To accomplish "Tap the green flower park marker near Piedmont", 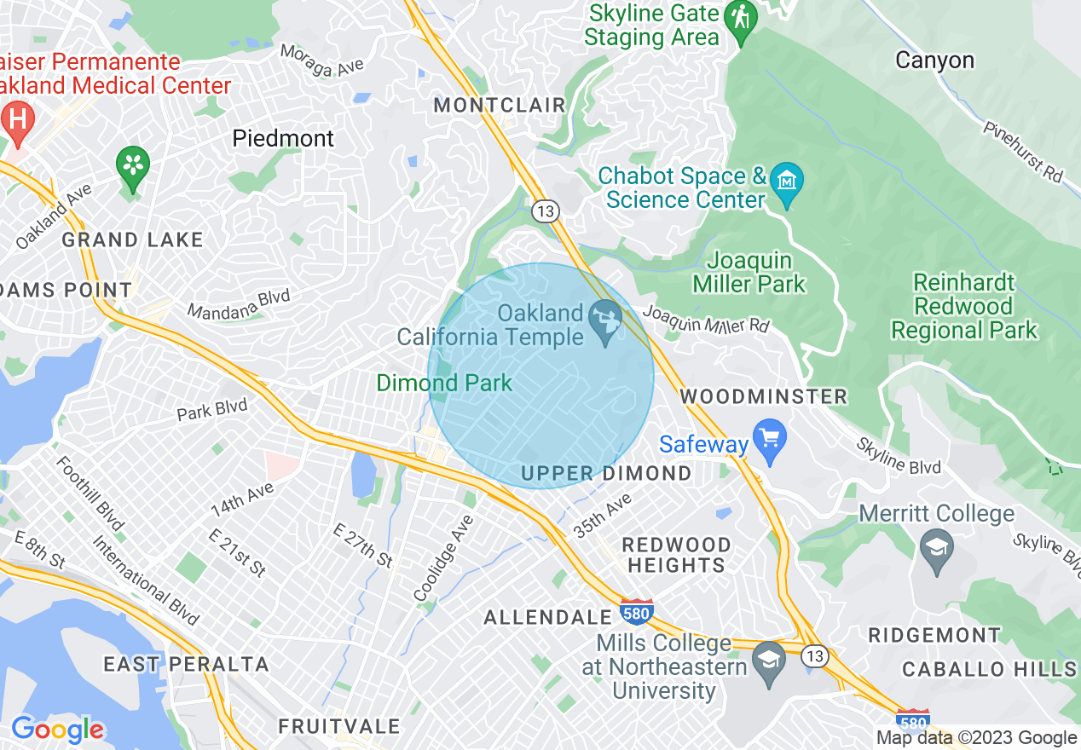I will click(132, 164).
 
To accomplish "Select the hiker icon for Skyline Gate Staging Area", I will click(739, 19).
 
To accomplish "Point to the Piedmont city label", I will click(284, 138).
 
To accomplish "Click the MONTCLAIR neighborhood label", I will click(500, 106).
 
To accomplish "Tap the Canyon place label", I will click(934, 61).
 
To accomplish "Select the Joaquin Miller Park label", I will click(749, 272).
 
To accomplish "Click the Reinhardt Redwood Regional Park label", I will click(964, 306).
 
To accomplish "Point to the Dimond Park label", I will click(444, 383).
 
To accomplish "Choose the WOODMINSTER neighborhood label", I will click(764, 396).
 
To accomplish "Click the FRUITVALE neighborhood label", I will click(339, 726).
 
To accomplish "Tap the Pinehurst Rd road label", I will click(1023, 150).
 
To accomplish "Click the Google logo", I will click(57, 730).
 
